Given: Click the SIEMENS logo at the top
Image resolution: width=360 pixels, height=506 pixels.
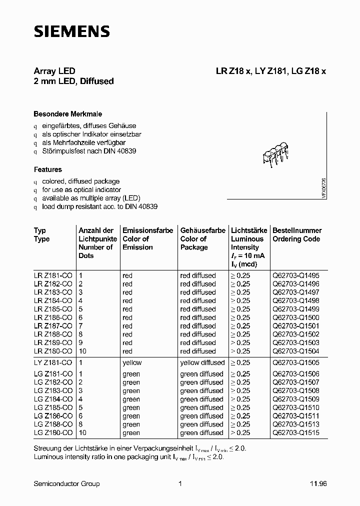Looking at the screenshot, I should [x=71, y=32].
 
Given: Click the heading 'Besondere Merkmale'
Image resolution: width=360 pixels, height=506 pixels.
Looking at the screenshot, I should [x=67, y=114].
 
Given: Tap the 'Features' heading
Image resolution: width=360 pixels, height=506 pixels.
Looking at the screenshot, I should [x=48, y=169].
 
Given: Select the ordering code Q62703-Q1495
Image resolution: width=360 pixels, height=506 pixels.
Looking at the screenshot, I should [x=296, y=275].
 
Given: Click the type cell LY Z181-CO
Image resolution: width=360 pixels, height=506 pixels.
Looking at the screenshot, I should [x=53, y=362].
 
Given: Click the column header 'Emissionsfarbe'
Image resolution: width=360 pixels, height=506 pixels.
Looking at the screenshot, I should [x=147, y=230].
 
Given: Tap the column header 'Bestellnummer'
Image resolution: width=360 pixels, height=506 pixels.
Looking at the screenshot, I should [x=296, y=230].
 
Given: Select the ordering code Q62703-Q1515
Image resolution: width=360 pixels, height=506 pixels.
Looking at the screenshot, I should [x=296, y=432].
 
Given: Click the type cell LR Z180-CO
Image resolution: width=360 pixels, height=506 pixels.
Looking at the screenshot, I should [x=53, y=351].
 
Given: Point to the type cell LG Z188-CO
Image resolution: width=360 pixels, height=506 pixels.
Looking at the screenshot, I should [x=53, y=424].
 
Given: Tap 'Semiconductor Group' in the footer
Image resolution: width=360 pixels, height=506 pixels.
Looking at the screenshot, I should [x=66, y=483].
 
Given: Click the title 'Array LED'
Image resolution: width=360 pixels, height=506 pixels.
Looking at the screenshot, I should [x=54, y=71].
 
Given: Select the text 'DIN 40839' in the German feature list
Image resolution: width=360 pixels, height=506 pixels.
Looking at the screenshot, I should [x=120, y=150].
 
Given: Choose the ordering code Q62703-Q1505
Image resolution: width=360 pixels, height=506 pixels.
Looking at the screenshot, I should [x=296, y=362].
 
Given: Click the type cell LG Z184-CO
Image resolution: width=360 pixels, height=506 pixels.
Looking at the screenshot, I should [x=53, y=399].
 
